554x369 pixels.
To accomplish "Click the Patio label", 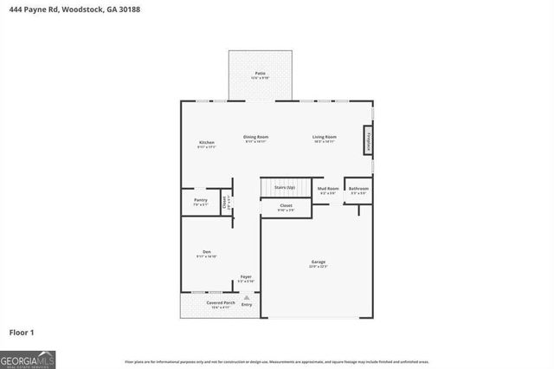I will [x=260, y=74].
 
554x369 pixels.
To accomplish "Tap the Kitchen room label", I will [x=206, y=142].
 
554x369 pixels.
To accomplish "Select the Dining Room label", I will [x=255, y=137].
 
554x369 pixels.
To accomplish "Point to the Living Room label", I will [x=325, y=137].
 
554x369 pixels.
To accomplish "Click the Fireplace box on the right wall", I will [x=368, y=139].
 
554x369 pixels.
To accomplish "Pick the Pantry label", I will [x=201, y=200].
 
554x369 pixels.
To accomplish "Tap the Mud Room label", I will [x=327, y=188].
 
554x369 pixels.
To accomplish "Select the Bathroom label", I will [x=358, y=188].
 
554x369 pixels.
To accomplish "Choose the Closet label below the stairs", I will [x=286, y=206].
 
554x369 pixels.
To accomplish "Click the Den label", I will [x=206, y=253].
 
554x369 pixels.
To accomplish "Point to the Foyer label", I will [x=246, y=276].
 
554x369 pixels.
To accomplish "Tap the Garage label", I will [x=319, y=262].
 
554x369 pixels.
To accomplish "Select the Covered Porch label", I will [x=220, y=302].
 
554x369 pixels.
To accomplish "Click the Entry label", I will [x=247, y=305].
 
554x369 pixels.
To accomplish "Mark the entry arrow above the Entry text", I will [x=247, y=297].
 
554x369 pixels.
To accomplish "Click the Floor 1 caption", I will [x=22, y=332].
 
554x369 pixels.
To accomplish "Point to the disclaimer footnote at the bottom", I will [x=277, y=360].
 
